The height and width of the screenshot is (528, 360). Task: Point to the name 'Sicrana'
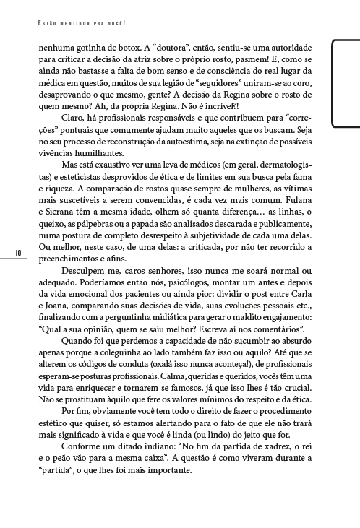point(59,226)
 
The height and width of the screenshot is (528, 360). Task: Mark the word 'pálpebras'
point(99,239)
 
